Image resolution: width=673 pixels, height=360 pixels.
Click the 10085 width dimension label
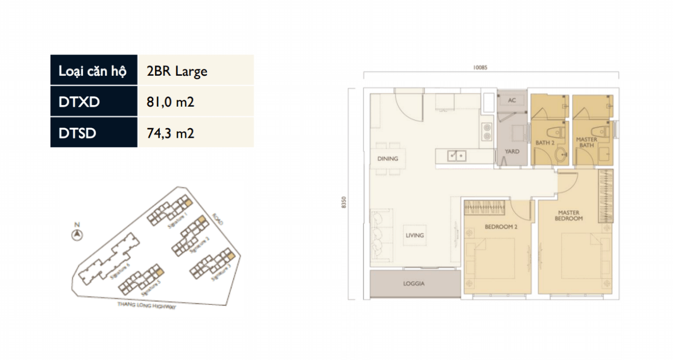tap(480, 67)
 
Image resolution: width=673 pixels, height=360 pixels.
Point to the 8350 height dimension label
tap(344, 202)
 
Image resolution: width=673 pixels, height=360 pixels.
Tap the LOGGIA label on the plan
tap(414, 284)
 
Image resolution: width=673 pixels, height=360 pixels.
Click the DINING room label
tap(388, 159)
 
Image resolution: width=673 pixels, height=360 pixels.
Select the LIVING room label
tap(414, 235)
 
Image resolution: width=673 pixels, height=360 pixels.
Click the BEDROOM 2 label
tap(501, 227)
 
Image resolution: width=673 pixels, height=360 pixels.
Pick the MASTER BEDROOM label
tap(568, 215)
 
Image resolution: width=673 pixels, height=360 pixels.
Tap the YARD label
tap(512, 151)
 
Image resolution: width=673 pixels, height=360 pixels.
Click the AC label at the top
tap(512, 100)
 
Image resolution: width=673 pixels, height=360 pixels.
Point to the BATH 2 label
tap(545, 142)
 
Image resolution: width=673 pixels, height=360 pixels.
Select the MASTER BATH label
tap(586, 142)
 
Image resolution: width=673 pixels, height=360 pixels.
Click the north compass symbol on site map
tap(77, 234)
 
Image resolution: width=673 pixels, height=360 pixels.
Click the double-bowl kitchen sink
tap(455, 156)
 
